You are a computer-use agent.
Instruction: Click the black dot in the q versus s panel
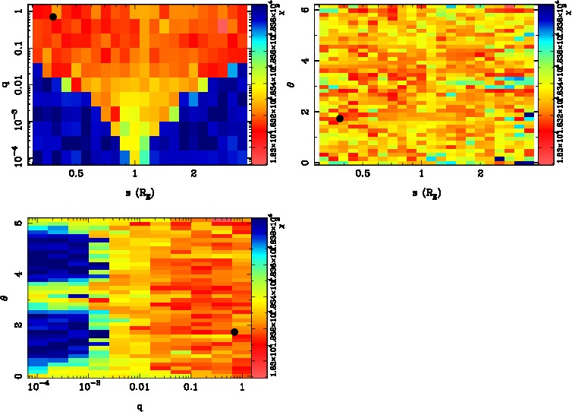tap(53, 17)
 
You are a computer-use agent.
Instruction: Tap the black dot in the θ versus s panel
tap(340, 118)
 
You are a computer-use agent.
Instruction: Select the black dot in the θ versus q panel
tap(234, 331)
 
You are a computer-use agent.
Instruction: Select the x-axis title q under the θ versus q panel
tap(140, 407)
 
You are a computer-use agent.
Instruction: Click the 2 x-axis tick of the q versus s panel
tap(194, 174)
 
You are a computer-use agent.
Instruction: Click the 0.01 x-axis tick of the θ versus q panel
tap(140, 388)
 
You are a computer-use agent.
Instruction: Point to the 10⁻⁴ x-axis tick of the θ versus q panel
tap(36, 388)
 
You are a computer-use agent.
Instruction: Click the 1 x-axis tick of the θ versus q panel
tap(242, 388)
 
